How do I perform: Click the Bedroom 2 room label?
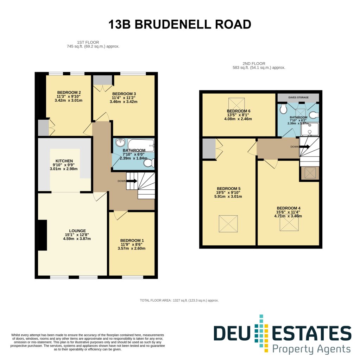tap(69, 93)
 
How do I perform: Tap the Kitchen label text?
tap(64, 161)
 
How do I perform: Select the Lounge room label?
tap(77, 231)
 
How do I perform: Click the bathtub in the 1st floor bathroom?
tap(141, 145)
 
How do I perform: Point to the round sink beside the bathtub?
tap(120, 143)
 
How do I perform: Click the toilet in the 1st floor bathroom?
tap(149, 163)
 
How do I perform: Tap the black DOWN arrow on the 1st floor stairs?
tap(132, 181)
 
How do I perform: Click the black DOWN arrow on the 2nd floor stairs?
tap(304, 146)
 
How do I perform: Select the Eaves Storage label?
tap(298, 97)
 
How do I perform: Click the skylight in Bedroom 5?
tap(228, 223)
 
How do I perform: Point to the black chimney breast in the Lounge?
tap(43, 235)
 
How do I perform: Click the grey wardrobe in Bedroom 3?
tap(102, 80)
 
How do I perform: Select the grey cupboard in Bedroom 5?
tap(209, 149)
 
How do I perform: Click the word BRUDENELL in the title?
tap(173, 24)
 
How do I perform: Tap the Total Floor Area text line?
tap(179, 300)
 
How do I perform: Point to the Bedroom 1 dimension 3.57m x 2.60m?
tap(132, 248)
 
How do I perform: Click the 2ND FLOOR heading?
tap(254, 64)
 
